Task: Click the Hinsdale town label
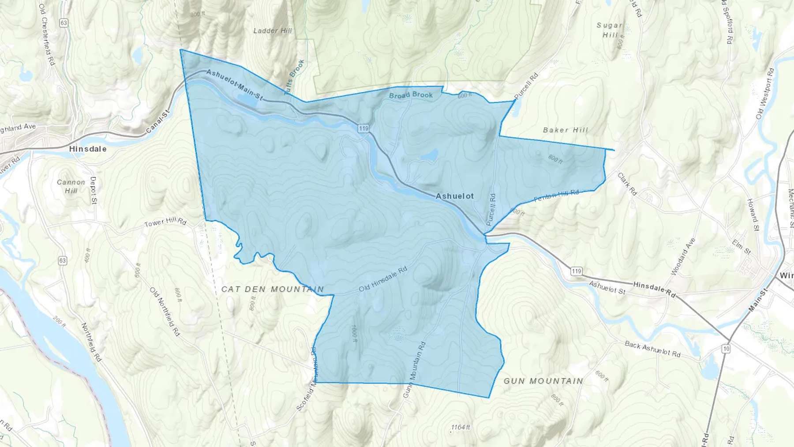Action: pyautogui.click(x=88, y=149)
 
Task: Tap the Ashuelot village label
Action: pyautogui.click(x=454, y=196)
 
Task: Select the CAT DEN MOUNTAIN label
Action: pyautogui.click(x=272, y=289)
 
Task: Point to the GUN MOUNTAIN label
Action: pyautogui.click(x=543, y=381)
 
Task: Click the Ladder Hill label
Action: pyautogui.click(x=273, y=31)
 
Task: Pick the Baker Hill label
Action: pyautogui.click(x=566, y=130)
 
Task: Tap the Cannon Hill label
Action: pyautogui.click(x=71, y=186)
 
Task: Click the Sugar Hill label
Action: pyautogui.click(x=610, y=30)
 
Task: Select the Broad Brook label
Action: pyautogui.click(x=411, y=95)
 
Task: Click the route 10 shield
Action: pyautogui.click(x=726, y=349)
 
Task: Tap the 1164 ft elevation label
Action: pyautogui.click(x=461, y=427)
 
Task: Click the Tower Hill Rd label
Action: pyautogui.click(x=165, y=222)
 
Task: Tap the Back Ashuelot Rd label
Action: pyautogui.click(x=652, y=349)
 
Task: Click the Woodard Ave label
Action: pyautogui.click(x=683, y=256)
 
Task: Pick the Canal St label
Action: pyautogui.click(x=157, y=123)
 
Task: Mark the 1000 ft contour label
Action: pyautogui.click(x=353, y=334)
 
